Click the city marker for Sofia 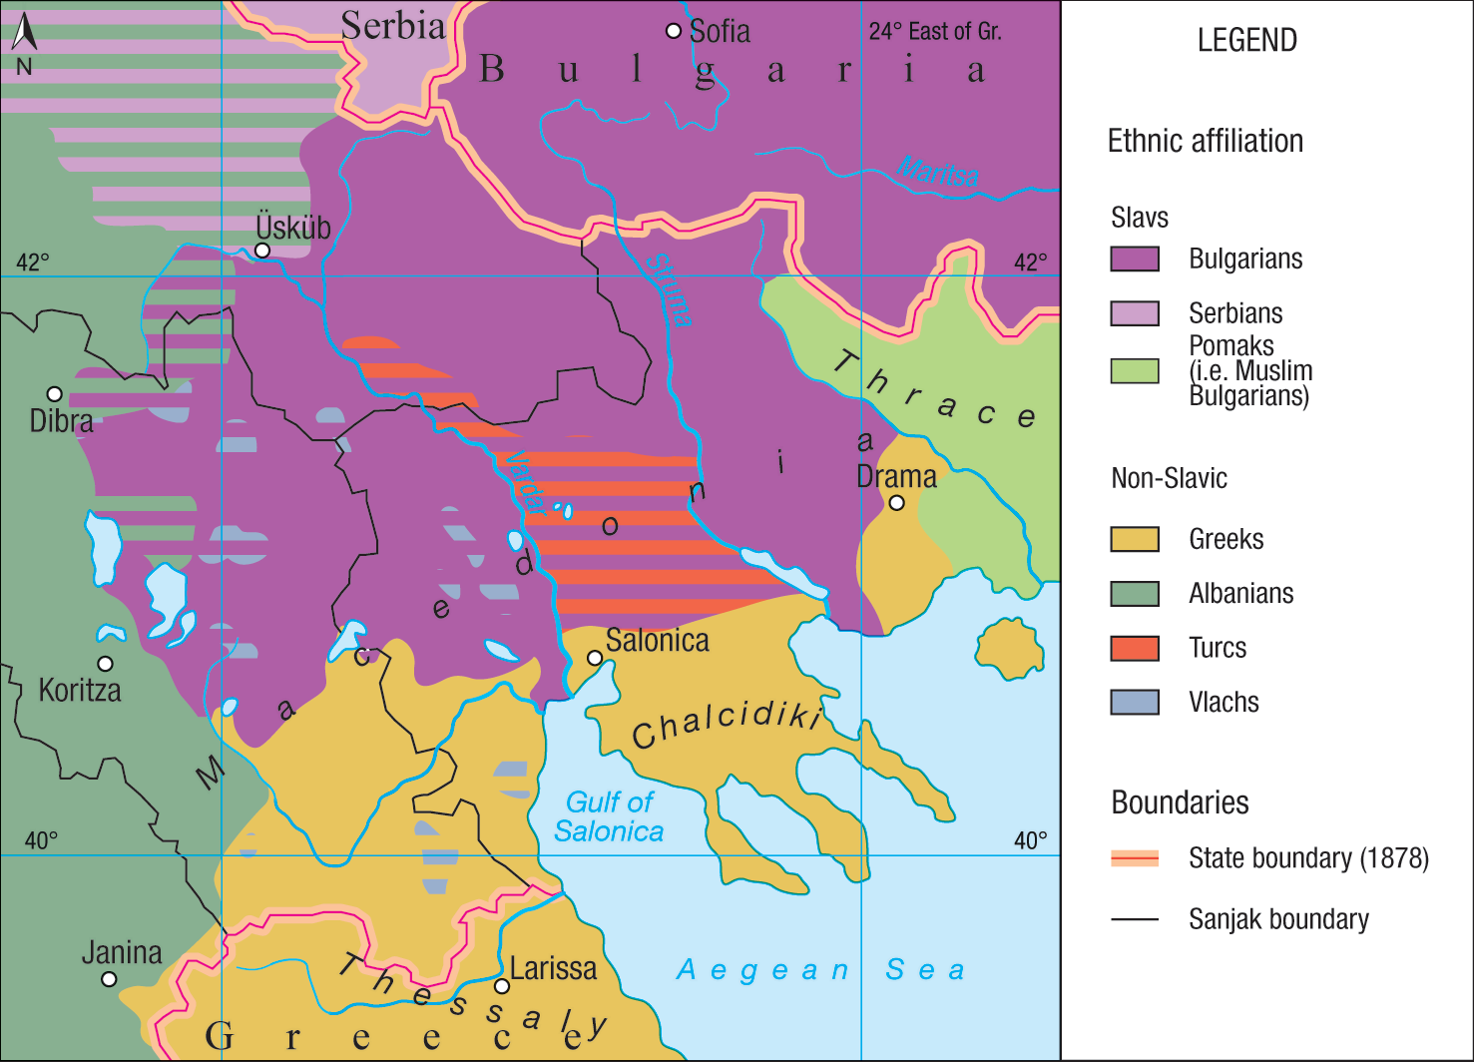[674, 31]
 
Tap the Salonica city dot [595, 658]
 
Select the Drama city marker [896, 503]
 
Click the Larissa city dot [502, 986]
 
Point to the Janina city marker [109, 979]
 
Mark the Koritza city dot [105, 664]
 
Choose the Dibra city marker [55, 394]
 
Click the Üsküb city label [292, 228]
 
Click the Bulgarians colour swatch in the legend [1135, 260]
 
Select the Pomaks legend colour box [1135, 371]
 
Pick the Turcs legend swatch [1135, 649]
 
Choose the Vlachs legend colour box [1135, 703]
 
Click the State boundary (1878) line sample [1135, 858]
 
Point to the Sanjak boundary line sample [1135, 919]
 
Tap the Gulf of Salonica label [609, 816]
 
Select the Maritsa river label [938, 172]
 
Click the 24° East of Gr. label [935, 32]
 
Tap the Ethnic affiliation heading [1205, 141]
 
